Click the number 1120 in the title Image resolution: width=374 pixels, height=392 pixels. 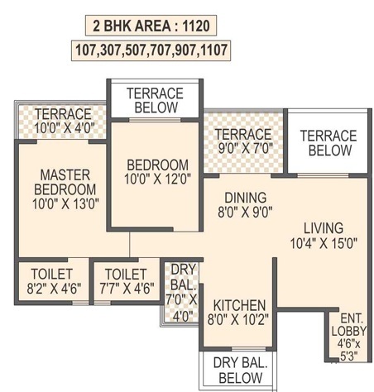196,26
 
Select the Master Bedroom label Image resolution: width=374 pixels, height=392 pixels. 65,182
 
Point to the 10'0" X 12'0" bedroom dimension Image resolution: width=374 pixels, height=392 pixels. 157,179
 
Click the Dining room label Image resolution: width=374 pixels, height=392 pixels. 246,198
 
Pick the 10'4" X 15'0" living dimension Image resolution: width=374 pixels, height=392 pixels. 324,243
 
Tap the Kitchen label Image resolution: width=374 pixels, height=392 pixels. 239,306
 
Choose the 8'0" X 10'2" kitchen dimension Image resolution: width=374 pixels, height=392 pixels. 237,320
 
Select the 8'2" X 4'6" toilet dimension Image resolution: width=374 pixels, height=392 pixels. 54,289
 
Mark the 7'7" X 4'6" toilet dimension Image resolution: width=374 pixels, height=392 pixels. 127,289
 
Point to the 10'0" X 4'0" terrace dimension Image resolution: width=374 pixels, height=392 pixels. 65,128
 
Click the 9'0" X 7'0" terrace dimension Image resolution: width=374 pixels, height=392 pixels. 244,148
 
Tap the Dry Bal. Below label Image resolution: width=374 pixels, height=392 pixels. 241,370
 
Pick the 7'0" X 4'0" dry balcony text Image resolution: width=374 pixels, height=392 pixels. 181,308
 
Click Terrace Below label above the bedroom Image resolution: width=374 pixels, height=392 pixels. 156,100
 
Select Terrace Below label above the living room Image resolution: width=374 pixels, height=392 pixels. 328,143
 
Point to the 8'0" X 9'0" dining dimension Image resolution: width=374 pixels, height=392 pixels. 245,212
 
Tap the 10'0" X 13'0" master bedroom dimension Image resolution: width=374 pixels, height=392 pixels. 65,204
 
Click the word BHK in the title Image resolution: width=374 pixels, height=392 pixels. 120,26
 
